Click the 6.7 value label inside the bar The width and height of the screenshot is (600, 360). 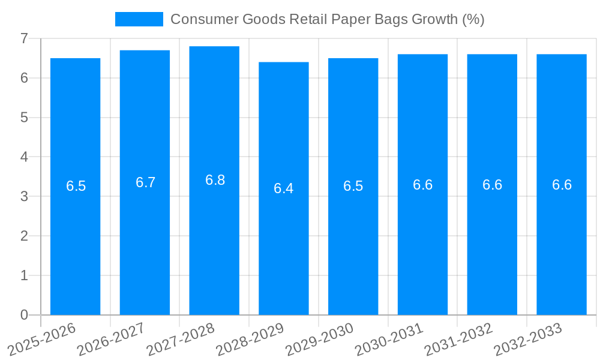[x=145, y=182]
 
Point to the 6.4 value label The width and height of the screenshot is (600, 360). [x=283, y=188]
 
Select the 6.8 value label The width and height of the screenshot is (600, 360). [x=215, y=180]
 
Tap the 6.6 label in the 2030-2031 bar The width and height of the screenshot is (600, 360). [x=422, y=185]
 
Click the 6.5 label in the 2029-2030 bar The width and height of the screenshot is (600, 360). [x=353, y=186]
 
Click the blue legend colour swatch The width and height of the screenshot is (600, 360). [x=139, y=19]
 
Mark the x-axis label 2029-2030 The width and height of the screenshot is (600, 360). [x=320, y=338]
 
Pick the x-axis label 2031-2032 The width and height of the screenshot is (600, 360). [x=459, y=338]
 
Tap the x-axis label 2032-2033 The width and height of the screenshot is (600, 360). [x=528, y=338]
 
